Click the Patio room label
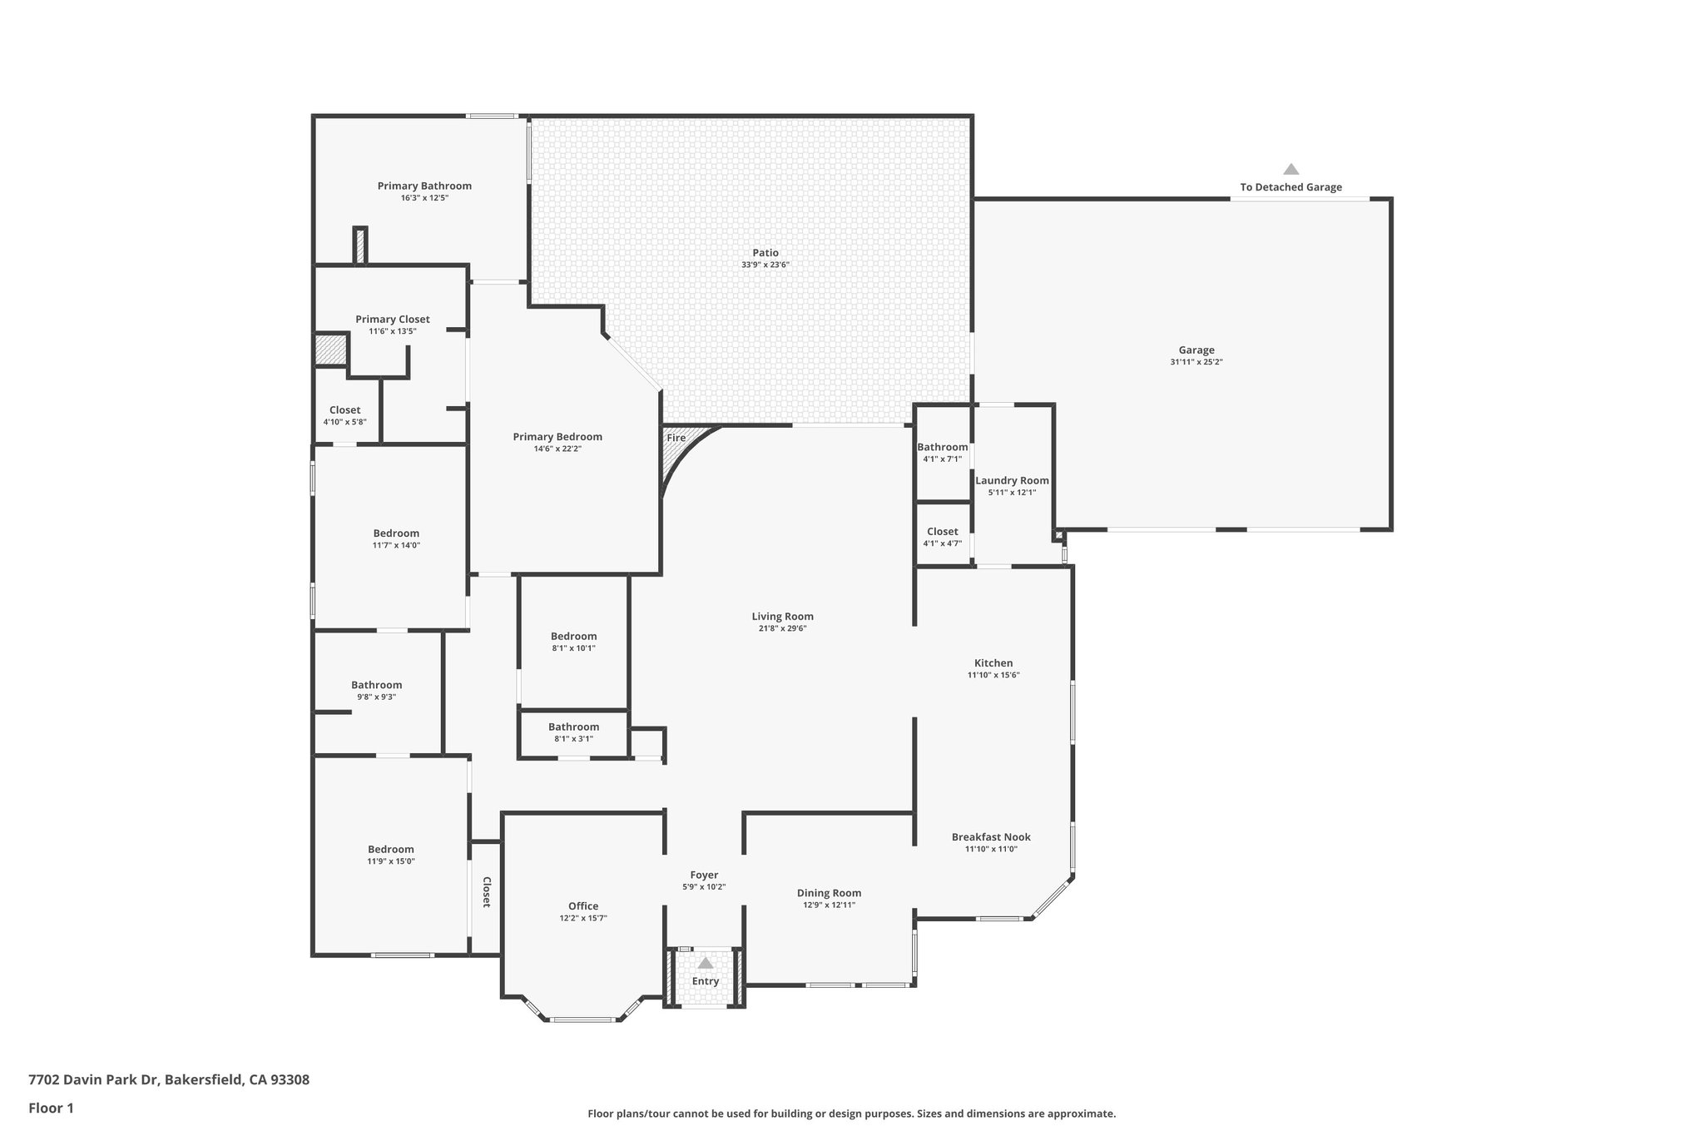click(765, 253)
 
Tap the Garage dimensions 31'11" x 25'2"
click(1196, 362)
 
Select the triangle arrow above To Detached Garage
click(1290, 169)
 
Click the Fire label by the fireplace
click(676, 438)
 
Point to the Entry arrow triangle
click(705, 963)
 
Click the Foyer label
click(704, 875)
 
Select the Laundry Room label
click(1012, 480)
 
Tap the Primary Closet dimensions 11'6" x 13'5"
click(392, 331)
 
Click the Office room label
click(583, 906)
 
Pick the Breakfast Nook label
click(991, 837)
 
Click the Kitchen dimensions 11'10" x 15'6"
click(993, 675)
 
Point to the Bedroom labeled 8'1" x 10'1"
click(573, 636)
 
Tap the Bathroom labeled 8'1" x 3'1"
click(573, 727)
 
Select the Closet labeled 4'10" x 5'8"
click(344, 410)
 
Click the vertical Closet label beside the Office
click(487, 892)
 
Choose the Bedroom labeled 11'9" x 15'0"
click(391, 850)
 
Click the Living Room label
click(782, 617)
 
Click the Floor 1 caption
click(52, 1108)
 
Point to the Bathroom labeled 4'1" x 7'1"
click(942, 447)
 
